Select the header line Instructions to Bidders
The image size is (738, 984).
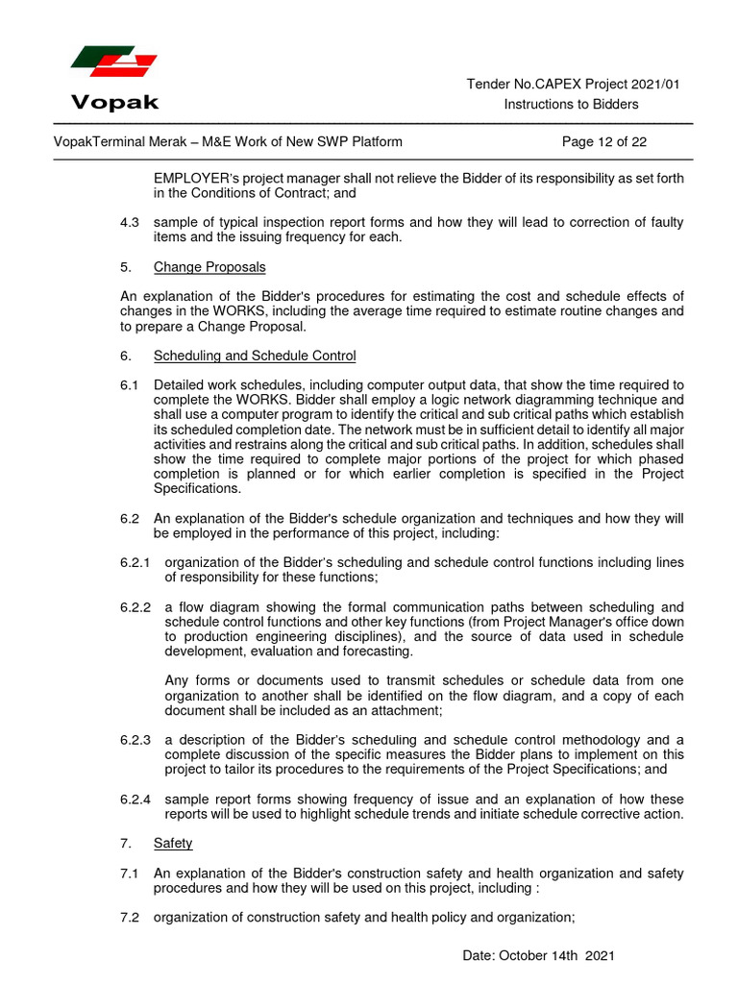pyautogui.click(x=571, y=104)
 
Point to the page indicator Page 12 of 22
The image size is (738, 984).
pyautogui.click(x=603, y=142)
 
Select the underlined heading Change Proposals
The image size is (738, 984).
pyautogui.click(x=209, y=266)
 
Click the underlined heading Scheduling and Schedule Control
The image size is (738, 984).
pyautogui.click(x=255, y=356)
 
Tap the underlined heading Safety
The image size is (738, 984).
pyautogui.click(x=173, y=843)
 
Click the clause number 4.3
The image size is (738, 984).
pyautogui.click(x=130, y=222)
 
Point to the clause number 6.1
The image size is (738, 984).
pyautogui.click(x=130, y=385)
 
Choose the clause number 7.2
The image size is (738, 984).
pyautogui.click(x=130, y=918)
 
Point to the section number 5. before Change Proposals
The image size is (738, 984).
pyautogui.click(x=125, y=266)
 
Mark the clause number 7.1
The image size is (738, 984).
pyautogui.click(x=130, y=873)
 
